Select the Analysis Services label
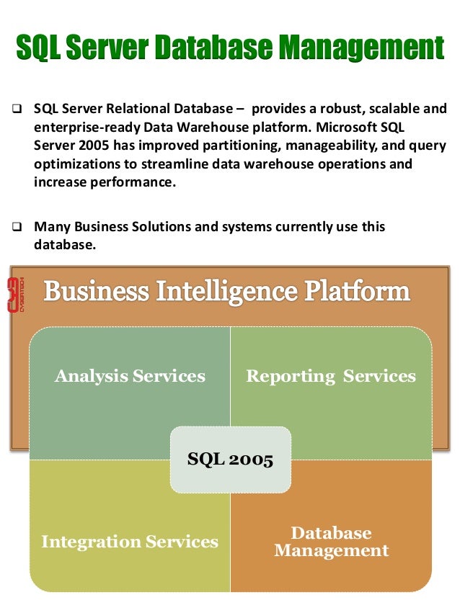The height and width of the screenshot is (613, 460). coord(130,376)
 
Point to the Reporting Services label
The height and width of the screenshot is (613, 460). coord(331,376)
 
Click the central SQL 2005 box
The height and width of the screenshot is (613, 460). coord(230,460)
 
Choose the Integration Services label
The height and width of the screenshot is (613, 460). coord(130,542)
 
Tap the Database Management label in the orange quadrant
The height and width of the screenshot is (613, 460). coord(331,542)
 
